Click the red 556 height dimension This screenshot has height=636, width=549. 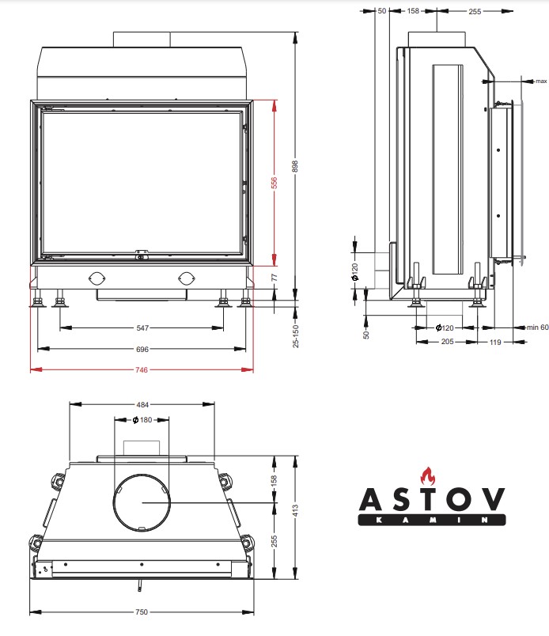[x=274, y=183]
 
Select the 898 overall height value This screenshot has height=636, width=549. [x=295, y=166]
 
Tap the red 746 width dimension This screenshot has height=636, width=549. [x=142, y=369]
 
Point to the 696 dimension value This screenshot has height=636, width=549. [x=142, y=349]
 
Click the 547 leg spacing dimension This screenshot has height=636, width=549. [x=142, y=327]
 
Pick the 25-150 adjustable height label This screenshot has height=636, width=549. [x=295, y=336]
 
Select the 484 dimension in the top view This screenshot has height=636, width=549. [x=142, y=404]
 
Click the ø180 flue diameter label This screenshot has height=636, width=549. [x=142, y=420]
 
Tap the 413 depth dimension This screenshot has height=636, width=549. [x=295, y=510]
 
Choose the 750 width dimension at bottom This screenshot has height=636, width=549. [x=142, y=611]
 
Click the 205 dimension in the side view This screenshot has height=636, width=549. [x=447, y=342]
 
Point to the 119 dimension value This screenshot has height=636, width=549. [x=495, y=342]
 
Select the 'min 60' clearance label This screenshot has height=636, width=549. [x=538, y=327]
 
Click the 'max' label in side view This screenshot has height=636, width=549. [x=541, y=81]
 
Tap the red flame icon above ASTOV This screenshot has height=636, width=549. [x=428, y=476]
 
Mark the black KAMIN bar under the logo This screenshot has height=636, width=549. [x=432, y=520]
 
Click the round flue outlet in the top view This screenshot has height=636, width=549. [x=142, y=475]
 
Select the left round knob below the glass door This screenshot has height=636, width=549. [x=97, y=278]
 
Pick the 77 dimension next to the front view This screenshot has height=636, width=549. [x=274, y=278]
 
